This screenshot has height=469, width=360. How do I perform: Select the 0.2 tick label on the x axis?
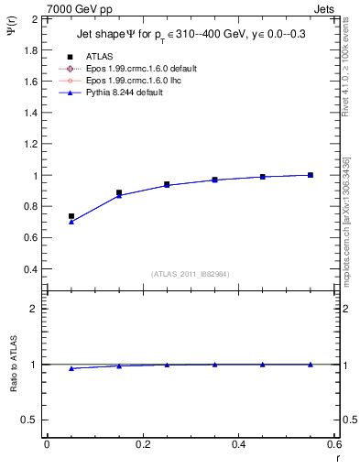tap(142, 444)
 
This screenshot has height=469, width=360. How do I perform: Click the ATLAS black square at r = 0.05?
tap(71, 216)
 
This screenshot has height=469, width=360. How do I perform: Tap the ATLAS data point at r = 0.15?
tap(119, 192)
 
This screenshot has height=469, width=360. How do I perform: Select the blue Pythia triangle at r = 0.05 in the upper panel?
tap(71, 222)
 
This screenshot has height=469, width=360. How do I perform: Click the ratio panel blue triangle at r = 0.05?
tap(71, 368)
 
